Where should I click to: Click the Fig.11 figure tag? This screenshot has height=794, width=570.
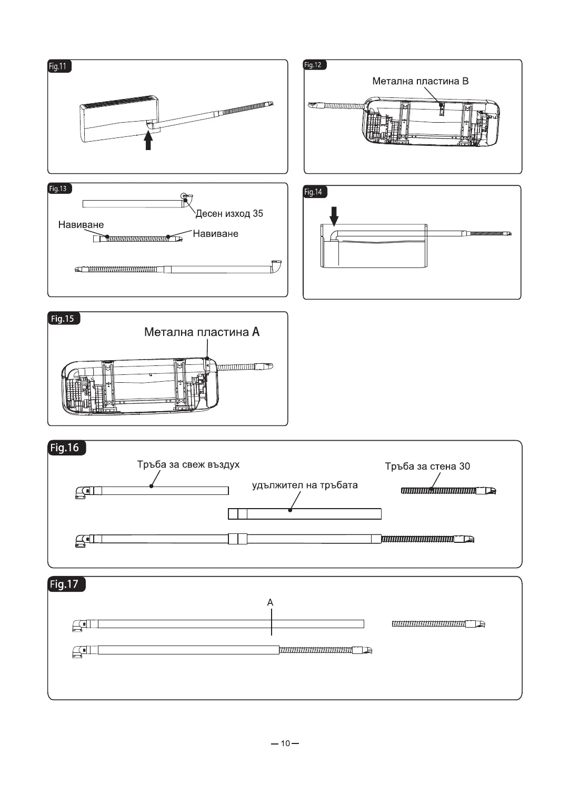(x=58, y=66)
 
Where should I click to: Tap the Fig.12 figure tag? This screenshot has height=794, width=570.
(x=314, y=65)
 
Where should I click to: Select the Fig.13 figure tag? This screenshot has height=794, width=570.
(x=59, y=188)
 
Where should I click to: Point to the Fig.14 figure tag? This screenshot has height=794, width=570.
(x=314, y=192)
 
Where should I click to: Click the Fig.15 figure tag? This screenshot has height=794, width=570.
(x=63, y=319)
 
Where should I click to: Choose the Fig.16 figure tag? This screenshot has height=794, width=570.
(x=65, y=448)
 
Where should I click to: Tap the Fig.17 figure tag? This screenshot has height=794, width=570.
(x=65, y=584)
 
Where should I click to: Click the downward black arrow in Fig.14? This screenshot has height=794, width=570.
(x=334, y=215)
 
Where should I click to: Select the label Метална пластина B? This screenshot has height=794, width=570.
(x=420, y=81)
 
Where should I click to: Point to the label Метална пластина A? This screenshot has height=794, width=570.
(x=202, y=332)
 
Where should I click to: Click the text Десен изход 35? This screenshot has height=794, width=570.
(x=229, y=214)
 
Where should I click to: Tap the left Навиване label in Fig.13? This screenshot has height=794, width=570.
(x=81, y=225)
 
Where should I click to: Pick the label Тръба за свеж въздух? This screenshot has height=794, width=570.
(x=188, y=464)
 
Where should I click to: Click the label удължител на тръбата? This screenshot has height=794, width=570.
(x=305, y=485)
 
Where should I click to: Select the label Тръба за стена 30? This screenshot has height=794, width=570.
(x=427, y=466)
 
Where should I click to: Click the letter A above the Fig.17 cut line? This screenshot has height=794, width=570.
(x=270, y=602)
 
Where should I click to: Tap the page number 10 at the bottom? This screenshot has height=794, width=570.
(x=285, y=743)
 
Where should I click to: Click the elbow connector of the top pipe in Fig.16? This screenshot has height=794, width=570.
(x=82, y=492)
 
